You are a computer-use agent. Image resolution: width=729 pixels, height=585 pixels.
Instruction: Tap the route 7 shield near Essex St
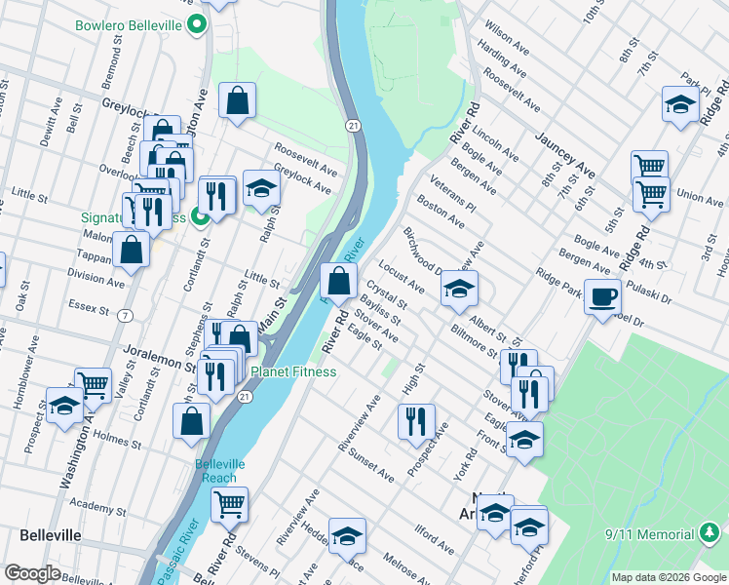(125, 315)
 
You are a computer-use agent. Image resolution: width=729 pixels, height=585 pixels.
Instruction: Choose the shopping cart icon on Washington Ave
(93, 384)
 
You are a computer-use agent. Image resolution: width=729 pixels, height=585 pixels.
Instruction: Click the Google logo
(33, 573)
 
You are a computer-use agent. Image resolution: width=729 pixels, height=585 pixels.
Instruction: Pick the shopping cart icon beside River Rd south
(229, 504)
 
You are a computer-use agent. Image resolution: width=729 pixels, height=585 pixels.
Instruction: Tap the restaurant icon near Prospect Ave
(416, 420)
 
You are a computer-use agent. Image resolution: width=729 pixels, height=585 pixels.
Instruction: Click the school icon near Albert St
(459, 288)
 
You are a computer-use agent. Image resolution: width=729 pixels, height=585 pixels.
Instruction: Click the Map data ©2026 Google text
(669, 577)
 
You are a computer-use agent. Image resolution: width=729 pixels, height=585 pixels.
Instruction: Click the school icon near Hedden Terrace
(346, 537)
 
